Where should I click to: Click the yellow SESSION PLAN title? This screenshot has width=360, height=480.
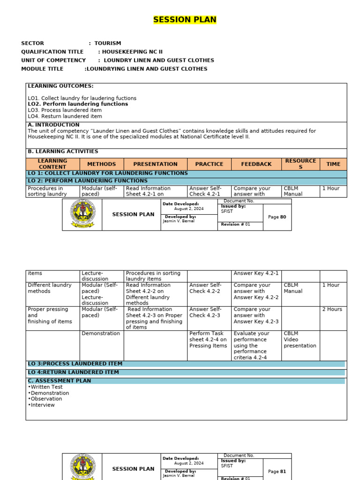tap(185, 20)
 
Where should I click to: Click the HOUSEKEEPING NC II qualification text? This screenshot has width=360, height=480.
tap(133, 52)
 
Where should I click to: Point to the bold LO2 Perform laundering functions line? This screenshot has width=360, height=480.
tap(78, 104)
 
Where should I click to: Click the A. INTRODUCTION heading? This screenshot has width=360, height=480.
tap(53, 125)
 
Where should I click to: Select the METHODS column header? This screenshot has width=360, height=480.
tap(101, 164)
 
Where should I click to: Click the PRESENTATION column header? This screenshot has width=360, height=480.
tap(155, 164)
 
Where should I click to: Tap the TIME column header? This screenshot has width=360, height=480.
tap(333, 164)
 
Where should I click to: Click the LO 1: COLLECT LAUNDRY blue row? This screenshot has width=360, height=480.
tap(108, 173)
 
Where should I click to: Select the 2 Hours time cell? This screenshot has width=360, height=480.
tap(332, 309)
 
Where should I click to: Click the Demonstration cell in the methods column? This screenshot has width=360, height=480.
tap(101, 334)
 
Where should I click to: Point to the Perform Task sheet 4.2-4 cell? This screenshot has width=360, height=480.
tap(208, 340)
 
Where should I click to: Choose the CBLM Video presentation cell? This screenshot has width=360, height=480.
tap(300, 340)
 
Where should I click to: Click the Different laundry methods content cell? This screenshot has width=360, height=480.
tap(50, 288)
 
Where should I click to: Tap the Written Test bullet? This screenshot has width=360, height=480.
tap(45, 387)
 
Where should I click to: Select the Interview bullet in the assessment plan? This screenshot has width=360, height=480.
tap(42, 405)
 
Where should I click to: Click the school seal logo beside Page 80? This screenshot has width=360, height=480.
tap(82, 215)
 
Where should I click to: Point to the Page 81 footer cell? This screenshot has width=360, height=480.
tap(277, 472)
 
